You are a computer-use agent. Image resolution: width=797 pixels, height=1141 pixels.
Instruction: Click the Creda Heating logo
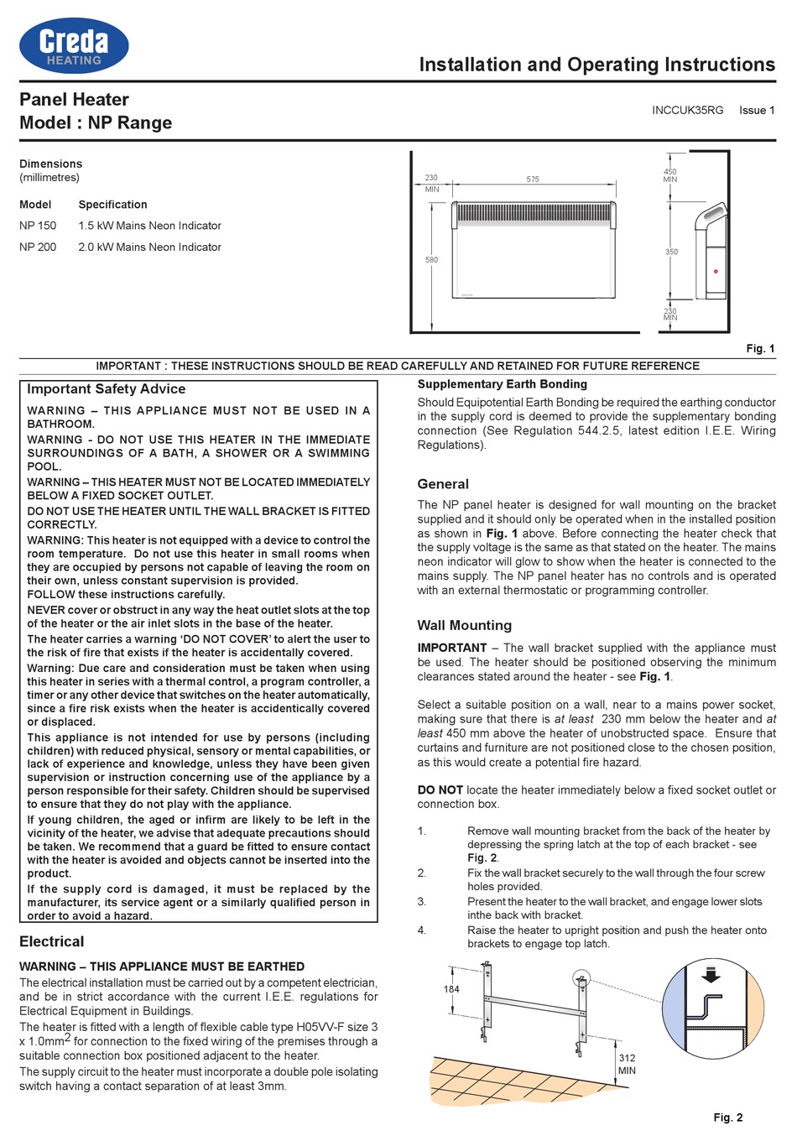(74, 45)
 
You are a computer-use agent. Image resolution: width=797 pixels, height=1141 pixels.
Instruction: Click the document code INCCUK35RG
(687, 110)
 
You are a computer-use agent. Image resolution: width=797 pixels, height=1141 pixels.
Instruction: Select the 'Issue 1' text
(757, 110)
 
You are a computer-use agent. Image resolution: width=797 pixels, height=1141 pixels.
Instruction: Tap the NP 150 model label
(38, 226)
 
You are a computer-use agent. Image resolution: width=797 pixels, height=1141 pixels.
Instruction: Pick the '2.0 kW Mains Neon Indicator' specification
(149, 247)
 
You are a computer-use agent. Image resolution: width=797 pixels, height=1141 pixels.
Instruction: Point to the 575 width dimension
(533, 180)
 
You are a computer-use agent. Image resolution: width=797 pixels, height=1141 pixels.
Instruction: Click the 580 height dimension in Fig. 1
(431, 260)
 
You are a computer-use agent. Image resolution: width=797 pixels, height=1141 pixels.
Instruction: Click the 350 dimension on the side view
(671, 252)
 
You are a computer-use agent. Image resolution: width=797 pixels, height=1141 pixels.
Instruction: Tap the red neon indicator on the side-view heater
(716, 271)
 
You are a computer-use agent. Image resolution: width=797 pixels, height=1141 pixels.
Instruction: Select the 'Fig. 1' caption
(760, 348)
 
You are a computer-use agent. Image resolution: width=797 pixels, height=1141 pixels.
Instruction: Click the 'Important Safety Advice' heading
(106, 389)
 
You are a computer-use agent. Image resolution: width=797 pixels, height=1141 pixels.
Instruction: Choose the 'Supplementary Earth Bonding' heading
(502, 384)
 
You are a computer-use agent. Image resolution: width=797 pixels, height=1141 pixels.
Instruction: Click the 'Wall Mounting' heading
(464, 625)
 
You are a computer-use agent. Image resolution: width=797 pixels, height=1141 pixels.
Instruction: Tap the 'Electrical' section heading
(52, 941)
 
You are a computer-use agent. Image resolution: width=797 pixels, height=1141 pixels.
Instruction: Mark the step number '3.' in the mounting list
(422, 902)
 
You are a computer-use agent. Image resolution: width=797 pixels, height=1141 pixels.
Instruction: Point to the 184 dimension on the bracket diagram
(451, 989)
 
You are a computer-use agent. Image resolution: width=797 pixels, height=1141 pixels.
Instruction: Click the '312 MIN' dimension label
(627, 1064)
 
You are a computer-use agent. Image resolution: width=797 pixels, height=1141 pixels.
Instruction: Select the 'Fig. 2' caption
(727, 1118)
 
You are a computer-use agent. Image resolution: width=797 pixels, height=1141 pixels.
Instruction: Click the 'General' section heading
(443, 484)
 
